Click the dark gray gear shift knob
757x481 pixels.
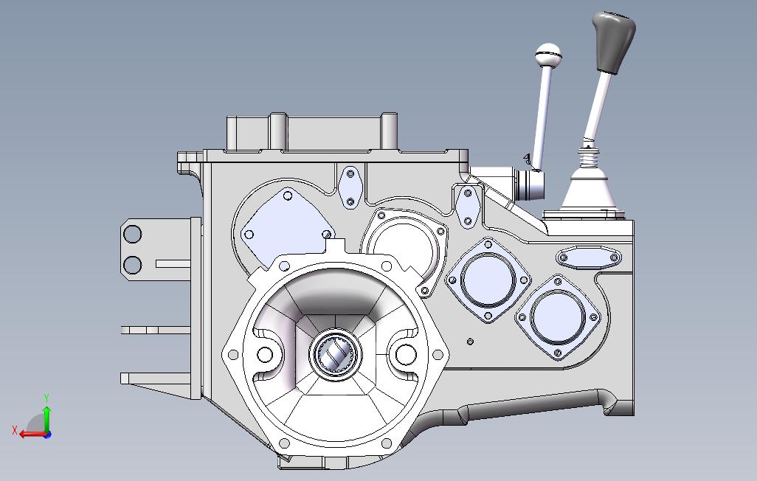click(x=613, y=42)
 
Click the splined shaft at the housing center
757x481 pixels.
click(x=336, y=355)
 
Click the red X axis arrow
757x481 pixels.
click(x=32, y=433)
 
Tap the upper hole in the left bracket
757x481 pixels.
click(x=132, y=234)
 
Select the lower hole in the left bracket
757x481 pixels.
click(x=132, y=265)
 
